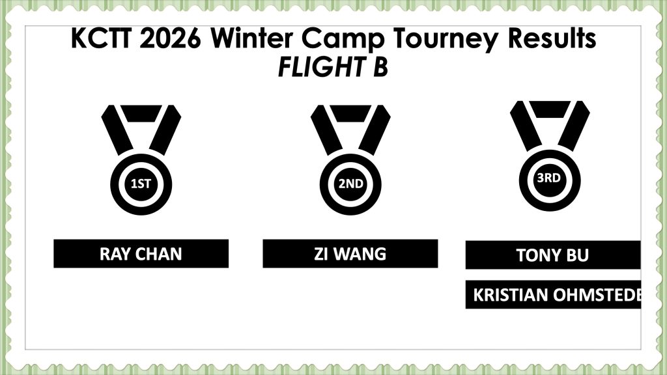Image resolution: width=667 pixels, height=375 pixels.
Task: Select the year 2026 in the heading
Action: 170,38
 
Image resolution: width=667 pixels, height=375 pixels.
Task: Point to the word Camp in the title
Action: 343,40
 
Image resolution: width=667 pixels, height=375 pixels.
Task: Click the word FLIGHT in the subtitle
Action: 321,67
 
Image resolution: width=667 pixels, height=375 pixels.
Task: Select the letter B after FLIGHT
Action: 380,67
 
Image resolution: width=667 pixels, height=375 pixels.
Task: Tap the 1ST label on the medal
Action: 141,184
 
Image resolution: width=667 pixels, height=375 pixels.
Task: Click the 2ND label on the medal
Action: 350,184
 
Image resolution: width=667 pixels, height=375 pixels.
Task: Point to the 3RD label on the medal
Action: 548,178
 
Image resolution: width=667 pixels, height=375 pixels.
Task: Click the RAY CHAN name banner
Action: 141,253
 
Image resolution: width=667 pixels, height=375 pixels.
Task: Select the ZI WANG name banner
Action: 350,253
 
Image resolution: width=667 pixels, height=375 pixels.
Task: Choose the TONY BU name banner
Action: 553,255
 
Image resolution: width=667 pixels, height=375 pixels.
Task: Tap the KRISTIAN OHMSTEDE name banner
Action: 553,295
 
